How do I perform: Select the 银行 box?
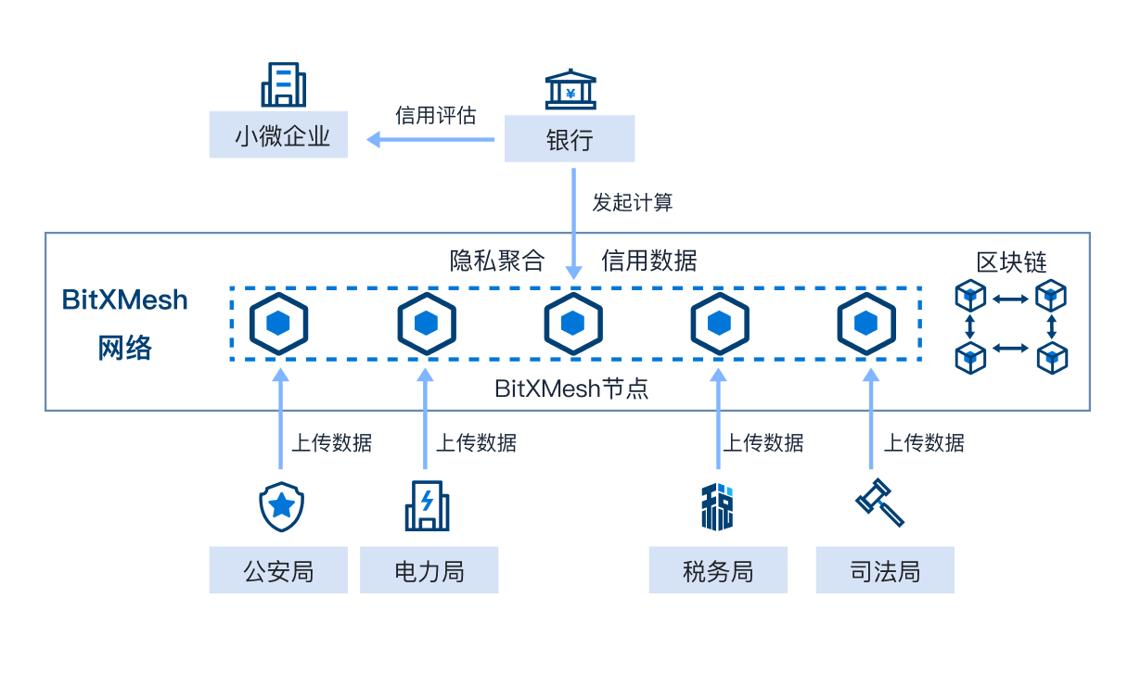pos(570,139)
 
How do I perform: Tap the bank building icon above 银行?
pos(570,88)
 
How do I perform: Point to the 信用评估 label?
pos(435,115)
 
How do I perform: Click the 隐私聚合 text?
pos(497,261)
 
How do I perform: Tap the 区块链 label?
pos(1011,262)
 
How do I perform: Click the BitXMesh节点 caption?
pos(571,388)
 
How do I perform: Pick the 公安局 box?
pos(278,570)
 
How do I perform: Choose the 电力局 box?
pos(429,570)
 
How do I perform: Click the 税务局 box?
pos(717,570)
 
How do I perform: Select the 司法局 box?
pos(884,570)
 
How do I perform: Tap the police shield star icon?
pos(281,506)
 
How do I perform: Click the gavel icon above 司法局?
pos(878,503)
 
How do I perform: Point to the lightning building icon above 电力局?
pos(427,505)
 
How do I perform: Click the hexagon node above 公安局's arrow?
pos(278,324)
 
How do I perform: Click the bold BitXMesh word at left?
pos(125,300)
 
